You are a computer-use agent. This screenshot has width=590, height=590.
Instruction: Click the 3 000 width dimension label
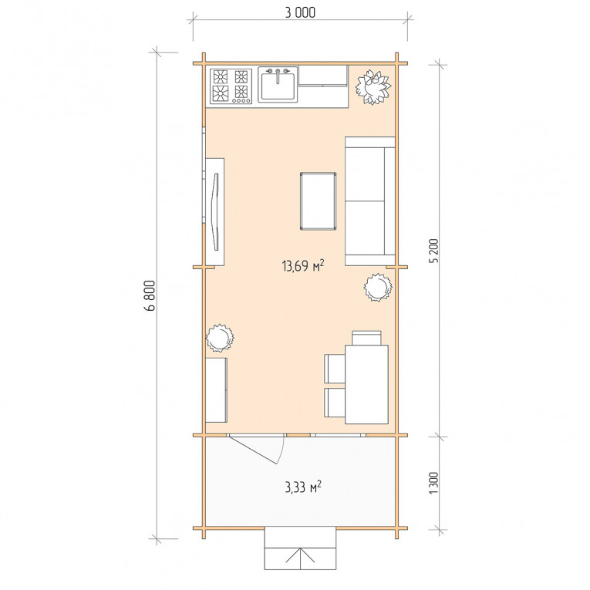point(300,12)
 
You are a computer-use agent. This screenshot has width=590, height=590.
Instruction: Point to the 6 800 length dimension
point(150,295)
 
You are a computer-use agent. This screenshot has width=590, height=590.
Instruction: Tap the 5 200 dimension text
point(434,251)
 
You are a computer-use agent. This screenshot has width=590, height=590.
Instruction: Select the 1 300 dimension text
point(434,483)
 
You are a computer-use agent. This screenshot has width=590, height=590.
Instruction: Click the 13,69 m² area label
point(303,265)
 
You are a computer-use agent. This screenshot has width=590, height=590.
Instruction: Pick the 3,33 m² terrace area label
point(303,487)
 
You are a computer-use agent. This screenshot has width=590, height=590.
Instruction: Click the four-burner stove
point(231,86)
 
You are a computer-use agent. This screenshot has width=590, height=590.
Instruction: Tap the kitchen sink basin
point(278,86)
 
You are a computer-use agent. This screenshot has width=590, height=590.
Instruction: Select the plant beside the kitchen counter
point(373,87)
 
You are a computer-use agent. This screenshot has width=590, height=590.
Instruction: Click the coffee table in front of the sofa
point(318,201)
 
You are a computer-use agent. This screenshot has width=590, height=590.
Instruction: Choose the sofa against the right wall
point(370,201)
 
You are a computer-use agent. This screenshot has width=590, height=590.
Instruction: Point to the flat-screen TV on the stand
point(216,211)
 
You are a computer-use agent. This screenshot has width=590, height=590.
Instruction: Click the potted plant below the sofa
point(378,287)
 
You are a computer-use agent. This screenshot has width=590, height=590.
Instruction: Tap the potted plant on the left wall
point(219,338)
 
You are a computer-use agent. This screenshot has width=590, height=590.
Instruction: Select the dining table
point(367,384)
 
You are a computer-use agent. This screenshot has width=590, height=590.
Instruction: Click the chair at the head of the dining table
point(366,338)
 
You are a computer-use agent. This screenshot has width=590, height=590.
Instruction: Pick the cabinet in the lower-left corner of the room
point(217,389)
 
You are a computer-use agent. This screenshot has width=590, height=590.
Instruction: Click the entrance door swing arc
point(282,450)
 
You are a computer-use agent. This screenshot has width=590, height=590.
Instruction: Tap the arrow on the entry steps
point(300,555)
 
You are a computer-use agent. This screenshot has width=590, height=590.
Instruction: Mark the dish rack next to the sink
point(323,76)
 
